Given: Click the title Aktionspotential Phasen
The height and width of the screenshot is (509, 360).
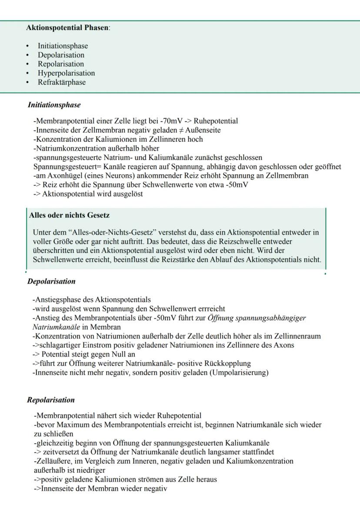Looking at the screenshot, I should pyautogui.click(x=68, y=28).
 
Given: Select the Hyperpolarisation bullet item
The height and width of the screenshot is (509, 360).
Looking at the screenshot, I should pyautogui.click(x=66, y=73).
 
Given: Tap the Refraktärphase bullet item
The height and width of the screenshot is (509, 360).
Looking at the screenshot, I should pyautogui.click(x=62, y=82).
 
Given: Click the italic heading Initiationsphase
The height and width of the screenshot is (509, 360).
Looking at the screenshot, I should pyautogui.click(x=54, y=105).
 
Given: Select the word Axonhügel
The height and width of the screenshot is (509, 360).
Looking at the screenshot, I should pyautogui.click(x=63, y=176).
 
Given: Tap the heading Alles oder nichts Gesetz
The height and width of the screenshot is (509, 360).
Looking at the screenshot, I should pyautogui.click(x=69, y=215).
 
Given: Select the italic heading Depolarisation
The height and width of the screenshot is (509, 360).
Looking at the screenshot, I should pyautogui.click(x=51, y=281).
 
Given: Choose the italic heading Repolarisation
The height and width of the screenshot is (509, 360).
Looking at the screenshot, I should pyautogui.click(x=51, y=400).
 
